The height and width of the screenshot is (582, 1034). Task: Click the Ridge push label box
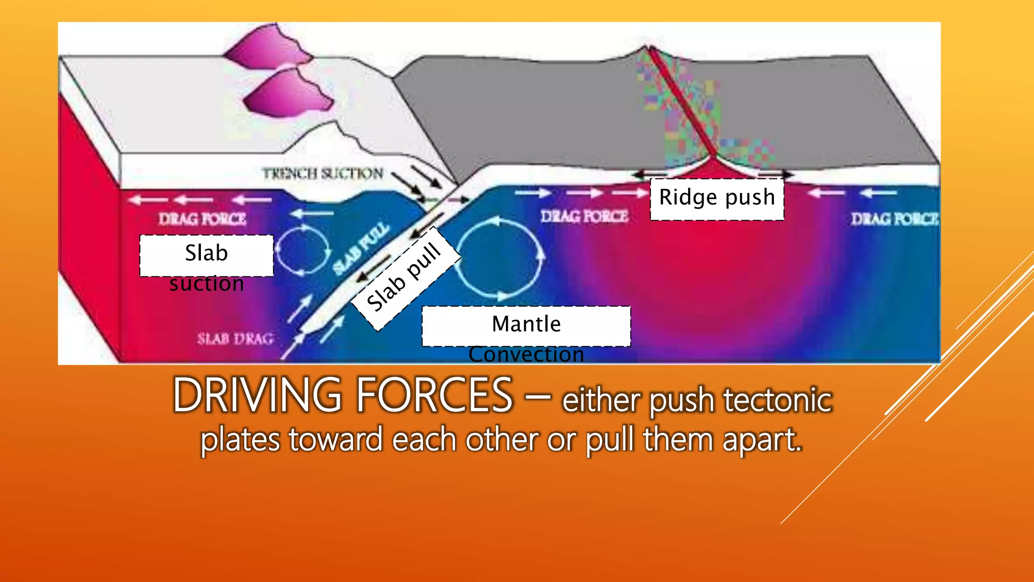click(x=717, y=199)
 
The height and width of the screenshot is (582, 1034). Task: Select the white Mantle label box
click(x=526, y=325)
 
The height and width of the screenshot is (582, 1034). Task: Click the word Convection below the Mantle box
click(x=526, y=355)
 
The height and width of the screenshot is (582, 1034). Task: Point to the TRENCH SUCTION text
click(x=323, y=174)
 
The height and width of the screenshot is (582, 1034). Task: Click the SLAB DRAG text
click(x=235, y=338)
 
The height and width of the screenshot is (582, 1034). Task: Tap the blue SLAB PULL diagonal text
click(x=361, y=249)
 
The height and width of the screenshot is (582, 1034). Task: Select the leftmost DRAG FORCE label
click(x=202, y=219)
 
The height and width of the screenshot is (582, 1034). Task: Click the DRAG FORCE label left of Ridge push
click(x=584, y=217)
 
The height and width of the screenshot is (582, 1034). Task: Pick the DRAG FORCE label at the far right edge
click(x=894, y=219)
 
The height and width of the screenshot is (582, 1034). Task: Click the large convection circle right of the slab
click(x=500, y=258)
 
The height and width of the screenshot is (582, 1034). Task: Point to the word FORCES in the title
click(x=435, y=396)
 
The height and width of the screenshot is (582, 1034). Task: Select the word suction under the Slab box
click(x=206, y=284)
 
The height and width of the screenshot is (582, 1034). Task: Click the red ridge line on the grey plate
click(x=682, y=101)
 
